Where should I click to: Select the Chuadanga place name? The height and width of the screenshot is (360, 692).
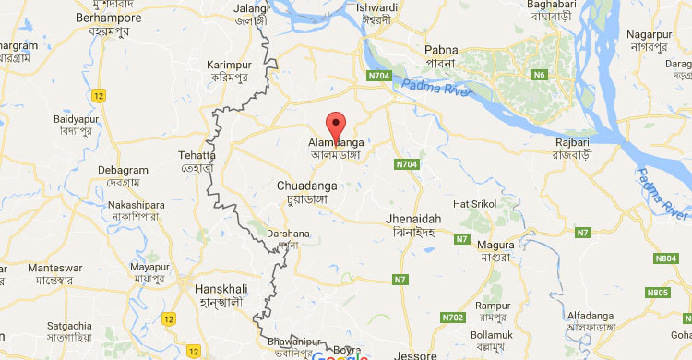[x=306, y=186]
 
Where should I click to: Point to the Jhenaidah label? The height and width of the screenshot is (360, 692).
[x=413, y=219]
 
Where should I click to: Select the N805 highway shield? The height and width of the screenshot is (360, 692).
[x=657, y=293]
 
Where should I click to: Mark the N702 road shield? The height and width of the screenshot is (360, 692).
[x=453, y=317]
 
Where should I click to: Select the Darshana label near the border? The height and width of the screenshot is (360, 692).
[x=283, y=234]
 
